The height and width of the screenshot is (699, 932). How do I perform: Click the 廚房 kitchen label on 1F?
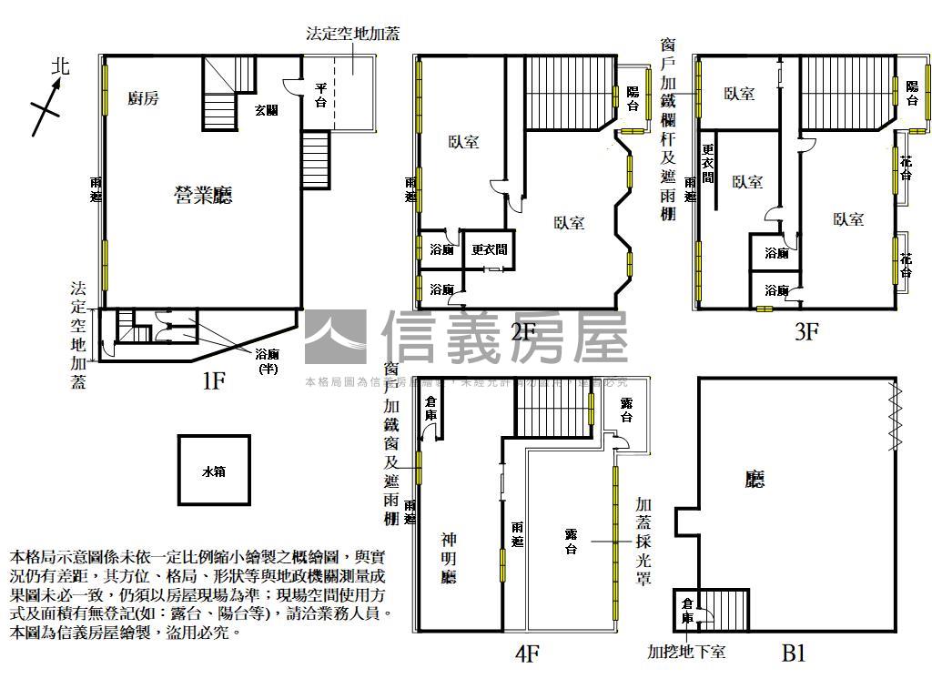tap(143, 98)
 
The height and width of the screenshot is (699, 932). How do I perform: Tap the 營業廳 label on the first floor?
tap(204, 194)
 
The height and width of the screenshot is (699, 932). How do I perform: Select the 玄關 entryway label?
tap(266, 110)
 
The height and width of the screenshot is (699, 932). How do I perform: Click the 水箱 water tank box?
tap(213, 471)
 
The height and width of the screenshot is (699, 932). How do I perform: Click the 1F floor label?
tap(213, 380)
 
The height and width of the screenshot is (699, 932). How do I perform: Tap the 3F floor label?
tap(806, 331)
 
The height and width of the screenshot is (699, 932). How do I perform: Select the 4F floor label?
tap(528, 653)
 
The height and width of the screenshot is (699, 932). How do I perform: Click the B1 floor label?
tap(794, 653)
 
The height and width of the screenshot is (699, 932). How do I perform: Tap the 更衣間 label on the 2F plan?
tap(489, 249)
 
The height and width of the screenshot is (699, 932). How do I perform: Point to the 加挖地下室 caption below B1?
tap(686, 652)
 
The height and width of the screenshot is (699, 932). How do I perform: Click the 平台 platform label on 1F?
tap(320, 95)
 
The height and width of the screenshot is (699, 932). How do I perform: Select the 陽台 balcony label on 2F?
tap(633, 98)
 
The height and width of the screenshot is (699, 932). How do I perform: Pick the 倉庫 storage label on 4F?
tap(431, 409)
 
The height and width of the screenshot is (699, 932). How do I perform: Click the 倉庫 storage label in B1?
tap(687, 610)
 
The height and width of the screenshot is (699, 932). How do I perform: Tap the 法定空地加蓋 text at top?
tap(353, 34)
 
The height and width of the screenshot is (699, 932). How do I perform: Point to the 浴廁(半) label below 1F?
tap(268, 362)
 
